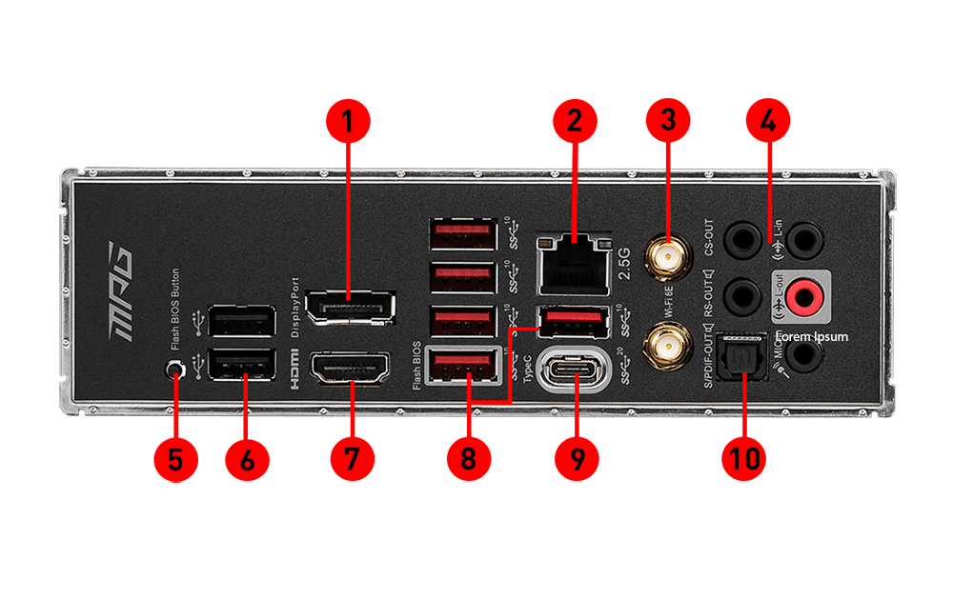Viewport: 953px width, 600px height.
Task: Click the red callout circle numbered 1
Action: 349,121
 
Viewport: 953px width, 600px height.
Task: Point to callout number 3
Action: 667,121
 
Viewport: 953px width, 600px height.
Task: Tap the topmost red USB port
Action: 463,233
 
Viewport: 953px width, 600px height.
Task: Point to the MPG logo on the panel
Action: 122,291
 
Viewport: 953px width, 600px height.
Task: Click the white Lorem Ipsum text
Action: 811,337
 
